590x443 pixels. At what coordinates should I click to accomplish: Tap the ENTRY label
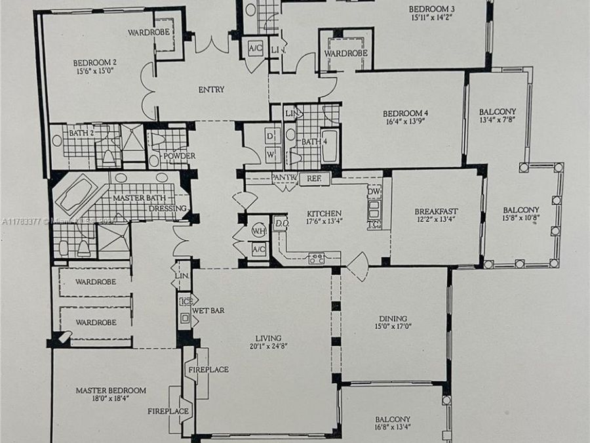pos(210,90)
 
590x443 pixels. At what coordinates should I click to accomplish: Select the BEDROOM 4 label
pos(405,114)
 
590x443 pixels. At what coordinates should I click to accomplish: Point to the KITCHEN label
pos(324,214)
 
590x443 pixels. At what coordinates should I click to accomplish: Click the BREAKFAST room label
pos(436,211)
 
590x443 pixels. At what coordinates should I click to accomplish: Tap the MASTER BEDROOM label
pos(111,390)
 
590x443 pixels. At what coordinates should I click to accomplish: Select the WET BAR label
pos(208,310)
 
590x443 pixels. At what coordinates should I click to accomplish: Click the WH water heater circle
pos(258,231)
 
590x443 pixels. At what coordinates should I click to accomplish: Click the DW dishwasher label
pos(374,192)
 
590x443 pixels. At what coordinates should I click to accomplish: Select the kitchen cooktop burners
pos(317,258)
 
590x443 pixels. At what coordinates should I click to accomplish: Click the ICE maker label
pos(185,302)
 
